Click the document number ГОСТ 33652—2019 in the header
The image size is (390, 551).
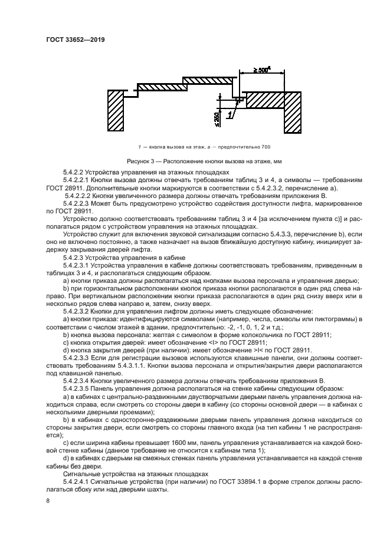click(79, 39)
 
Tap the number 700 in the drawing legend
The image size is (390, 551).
click(265, 146)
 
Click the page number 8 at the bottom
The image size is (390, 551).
click(48, 501)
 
